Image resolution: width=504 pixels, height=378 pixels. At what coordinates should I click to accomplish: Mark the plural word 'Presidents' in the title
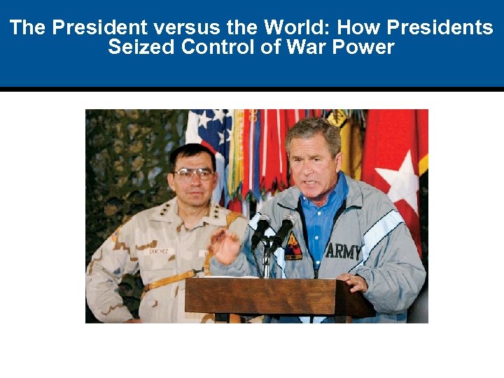point(440,28)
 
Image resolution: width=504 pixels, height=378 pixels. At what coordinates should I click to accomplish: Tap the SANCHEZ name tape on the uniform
point(158,251)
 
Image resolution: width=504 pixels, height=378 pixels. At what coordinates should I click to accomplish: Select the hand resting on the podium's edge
point(352,282)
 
